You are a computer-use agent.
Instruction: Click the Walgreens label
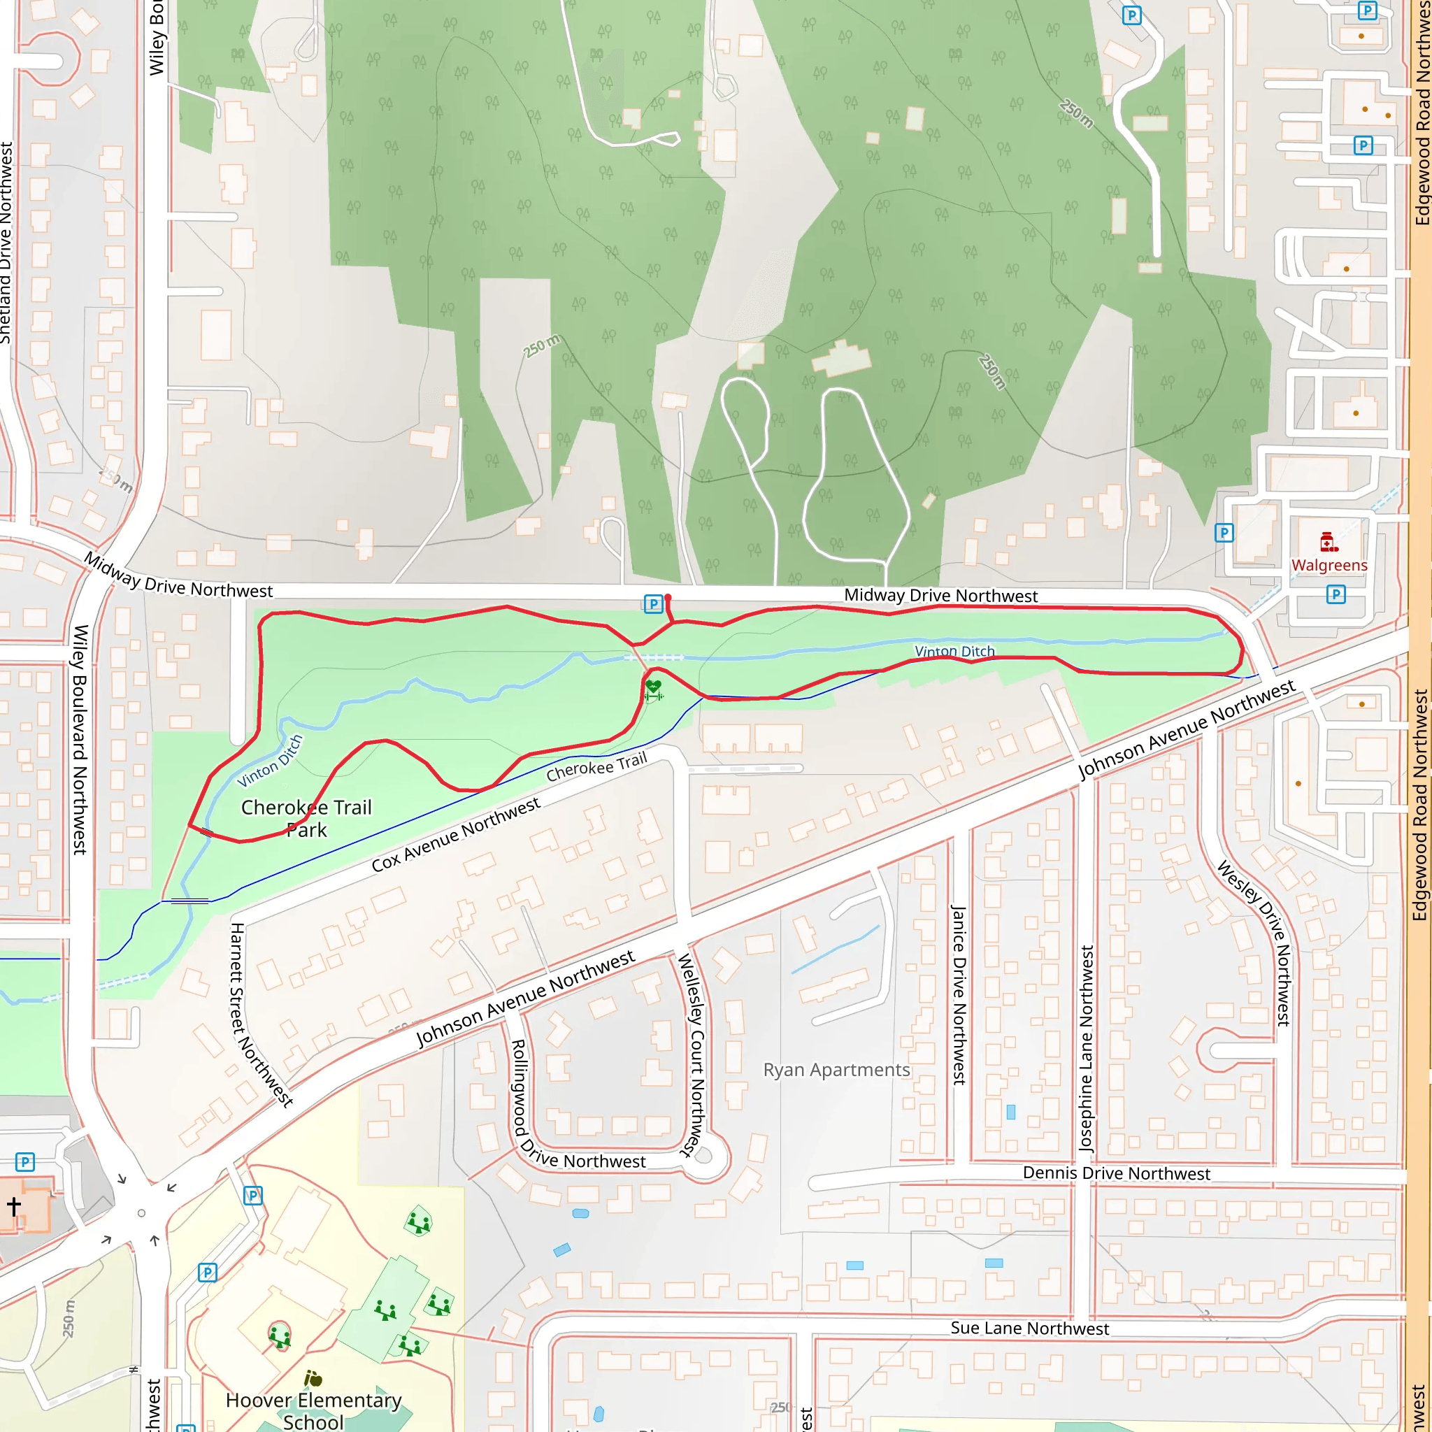click(1329, 565)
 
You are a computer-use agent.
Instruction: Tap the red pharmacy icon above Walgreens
click(1329, 542)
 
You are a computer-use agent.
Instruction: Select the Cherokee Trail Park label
click(306, 817)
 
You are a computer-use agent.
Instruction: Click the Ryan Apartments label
click(836, 1070)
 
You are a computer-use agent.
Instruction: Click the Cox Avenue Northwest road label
click(455, 835)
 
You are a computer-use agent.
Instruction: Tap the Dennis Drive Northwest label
click(1115, 1173)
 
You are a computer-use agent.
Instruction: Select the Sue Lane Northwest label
click(1029, 1329)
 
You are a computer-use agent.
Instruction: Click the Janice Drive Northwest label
click(959, 995)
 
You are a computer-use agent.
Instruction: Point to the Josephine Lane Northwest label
click(1087, 1048)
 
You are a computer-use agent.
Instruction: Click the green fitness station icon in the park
click(653, 689)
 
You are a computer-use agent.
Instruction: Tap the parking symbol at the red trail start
click(652, 604)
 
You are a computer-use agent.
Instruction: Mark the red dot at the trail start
click(668, 597)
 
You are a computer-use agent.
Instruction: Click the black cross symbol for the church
click(14, 1206)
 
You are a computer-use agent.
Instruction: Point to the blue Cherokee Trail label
click(596, 767)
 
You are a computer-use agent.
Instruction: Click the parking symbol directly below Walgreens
click(1336, 594)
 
